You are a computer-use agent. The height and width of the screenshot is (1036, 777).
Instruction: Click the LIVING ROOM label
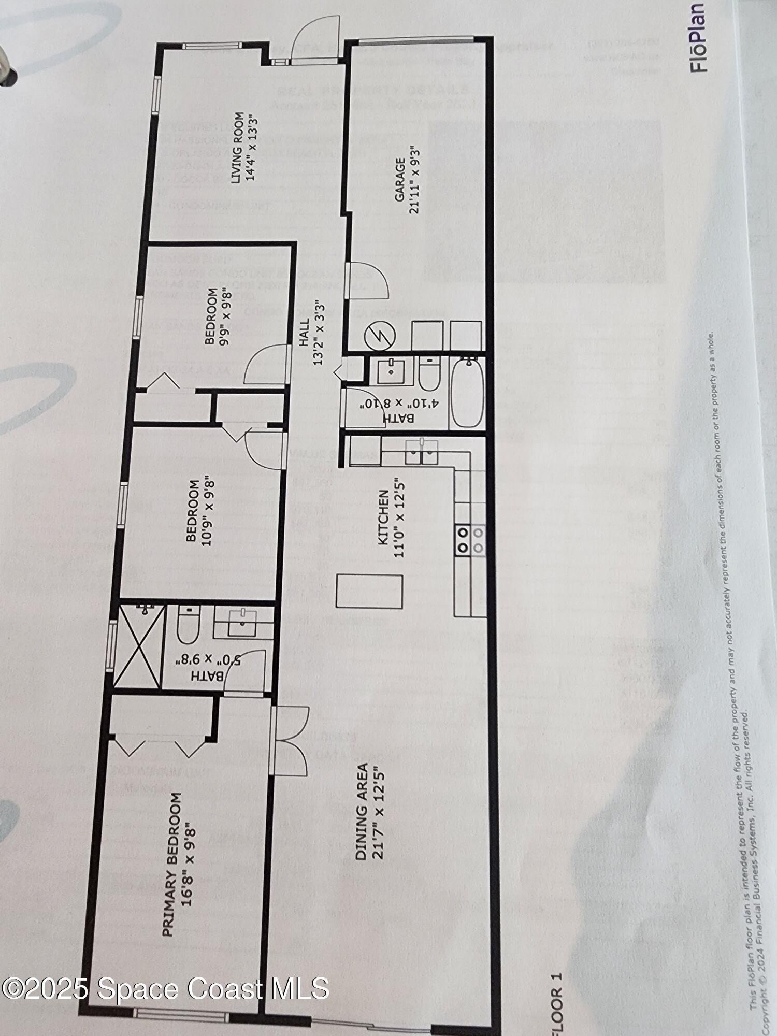(x=238, y=147)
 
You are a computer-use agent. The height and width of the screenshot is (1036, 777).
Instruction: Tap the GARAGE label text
(x=400, y=180)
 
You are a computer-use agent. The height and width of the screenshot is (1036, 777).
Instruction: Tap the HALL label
(x=304, y=333)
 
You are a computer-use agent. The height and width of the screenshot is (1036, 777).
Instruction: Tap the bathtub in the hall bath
(x=469, y=393)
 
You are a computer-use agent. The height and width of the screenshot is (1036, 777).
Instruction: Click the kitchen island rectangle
(x=369, y=591)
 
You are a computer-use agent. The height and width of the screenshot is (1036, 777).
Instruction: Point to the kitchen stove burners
(x=470, y=540)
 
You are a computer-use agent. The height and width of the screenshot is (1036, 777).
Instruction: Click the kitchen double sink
(x=421, y=452)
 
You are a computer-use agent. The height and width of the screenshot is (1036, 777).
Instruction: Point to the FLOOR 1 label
(x=555, y=1007)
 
